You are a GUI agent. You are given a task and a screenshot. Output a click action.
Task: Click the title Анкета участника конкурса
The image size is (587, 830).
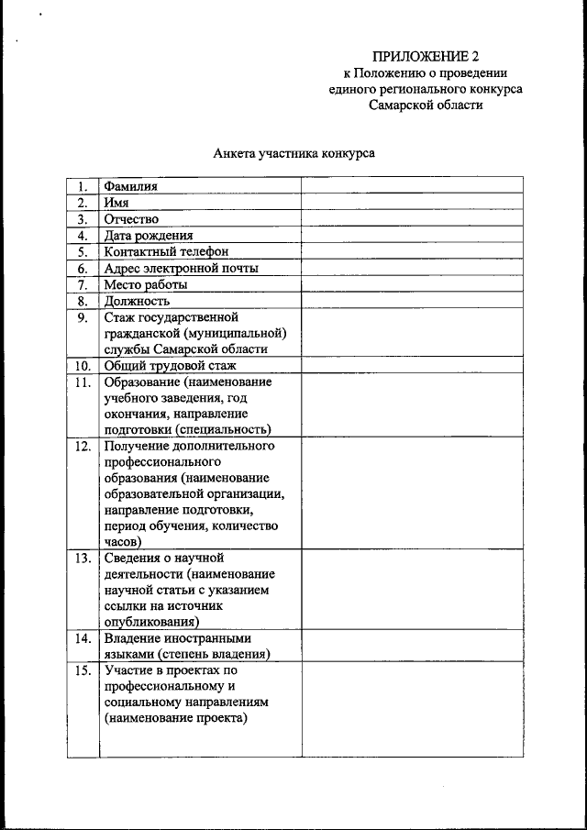coord(293,154)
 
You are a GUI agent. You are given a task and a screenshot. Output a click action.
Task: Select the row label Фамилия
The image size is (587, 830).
coord(130,186)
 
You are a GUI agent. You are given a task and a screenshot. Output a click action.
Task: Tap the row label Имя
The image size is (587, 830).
coord(116,203)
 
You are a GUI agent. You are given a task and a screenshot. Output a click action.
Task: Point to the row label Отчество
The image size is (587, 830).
coord(131,219)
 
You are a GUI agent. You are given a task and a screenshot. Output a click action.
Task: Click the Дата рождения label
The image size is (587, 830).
coord(148,236)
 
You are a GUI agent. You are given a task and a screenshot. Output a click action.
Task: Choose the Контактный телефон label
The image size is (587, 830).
coord(165,251)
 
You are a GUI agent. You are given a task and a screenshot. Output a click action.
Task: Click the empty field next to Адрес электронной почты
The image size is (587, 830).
coord(412,268)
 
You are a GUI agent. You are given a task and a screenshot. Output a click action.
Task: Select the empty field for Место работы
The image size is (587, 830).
coord(412,284)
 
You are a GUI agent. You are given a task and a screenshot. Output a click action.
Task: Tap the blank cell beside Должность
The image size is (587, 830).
coord(412,301)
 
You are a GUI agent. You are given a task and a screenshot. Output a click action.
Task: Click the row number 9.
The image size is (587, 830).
coord(83,317)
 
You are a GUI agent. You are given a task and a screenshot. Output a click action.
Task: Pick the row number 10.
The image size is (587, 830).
coord(83,366)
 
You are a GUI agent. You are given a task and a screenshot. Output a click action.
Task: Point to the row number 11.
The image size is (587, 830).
coord(83,382)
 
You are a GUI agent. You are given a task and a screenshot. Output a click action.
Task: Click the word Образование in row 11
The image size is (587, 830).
coord(141,382)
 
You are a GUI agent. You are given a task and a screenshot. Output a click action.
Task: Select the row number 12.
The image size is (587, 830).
coord(83,447)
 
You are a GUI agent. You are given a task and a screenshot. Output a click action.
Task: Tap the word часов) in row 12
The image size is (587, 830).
coord(122,542)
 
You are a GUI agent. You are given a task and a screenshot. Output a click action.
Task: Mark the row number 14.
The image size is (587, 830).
coord(83,638)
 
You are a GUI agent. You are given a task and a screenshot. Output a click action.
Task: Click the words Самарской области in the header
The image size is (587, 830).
coord(426,105)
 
